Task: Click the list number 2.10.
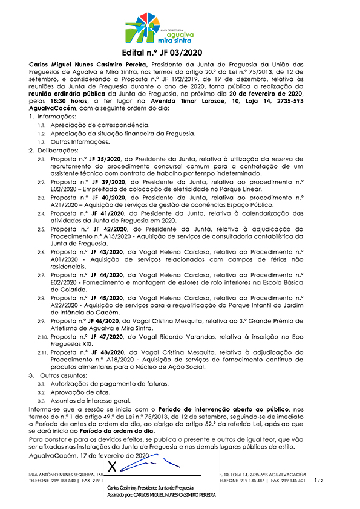pyautogui.click(x=42, y=336)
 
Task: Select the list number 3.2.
pyautogui.click(x=42, y=392)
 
